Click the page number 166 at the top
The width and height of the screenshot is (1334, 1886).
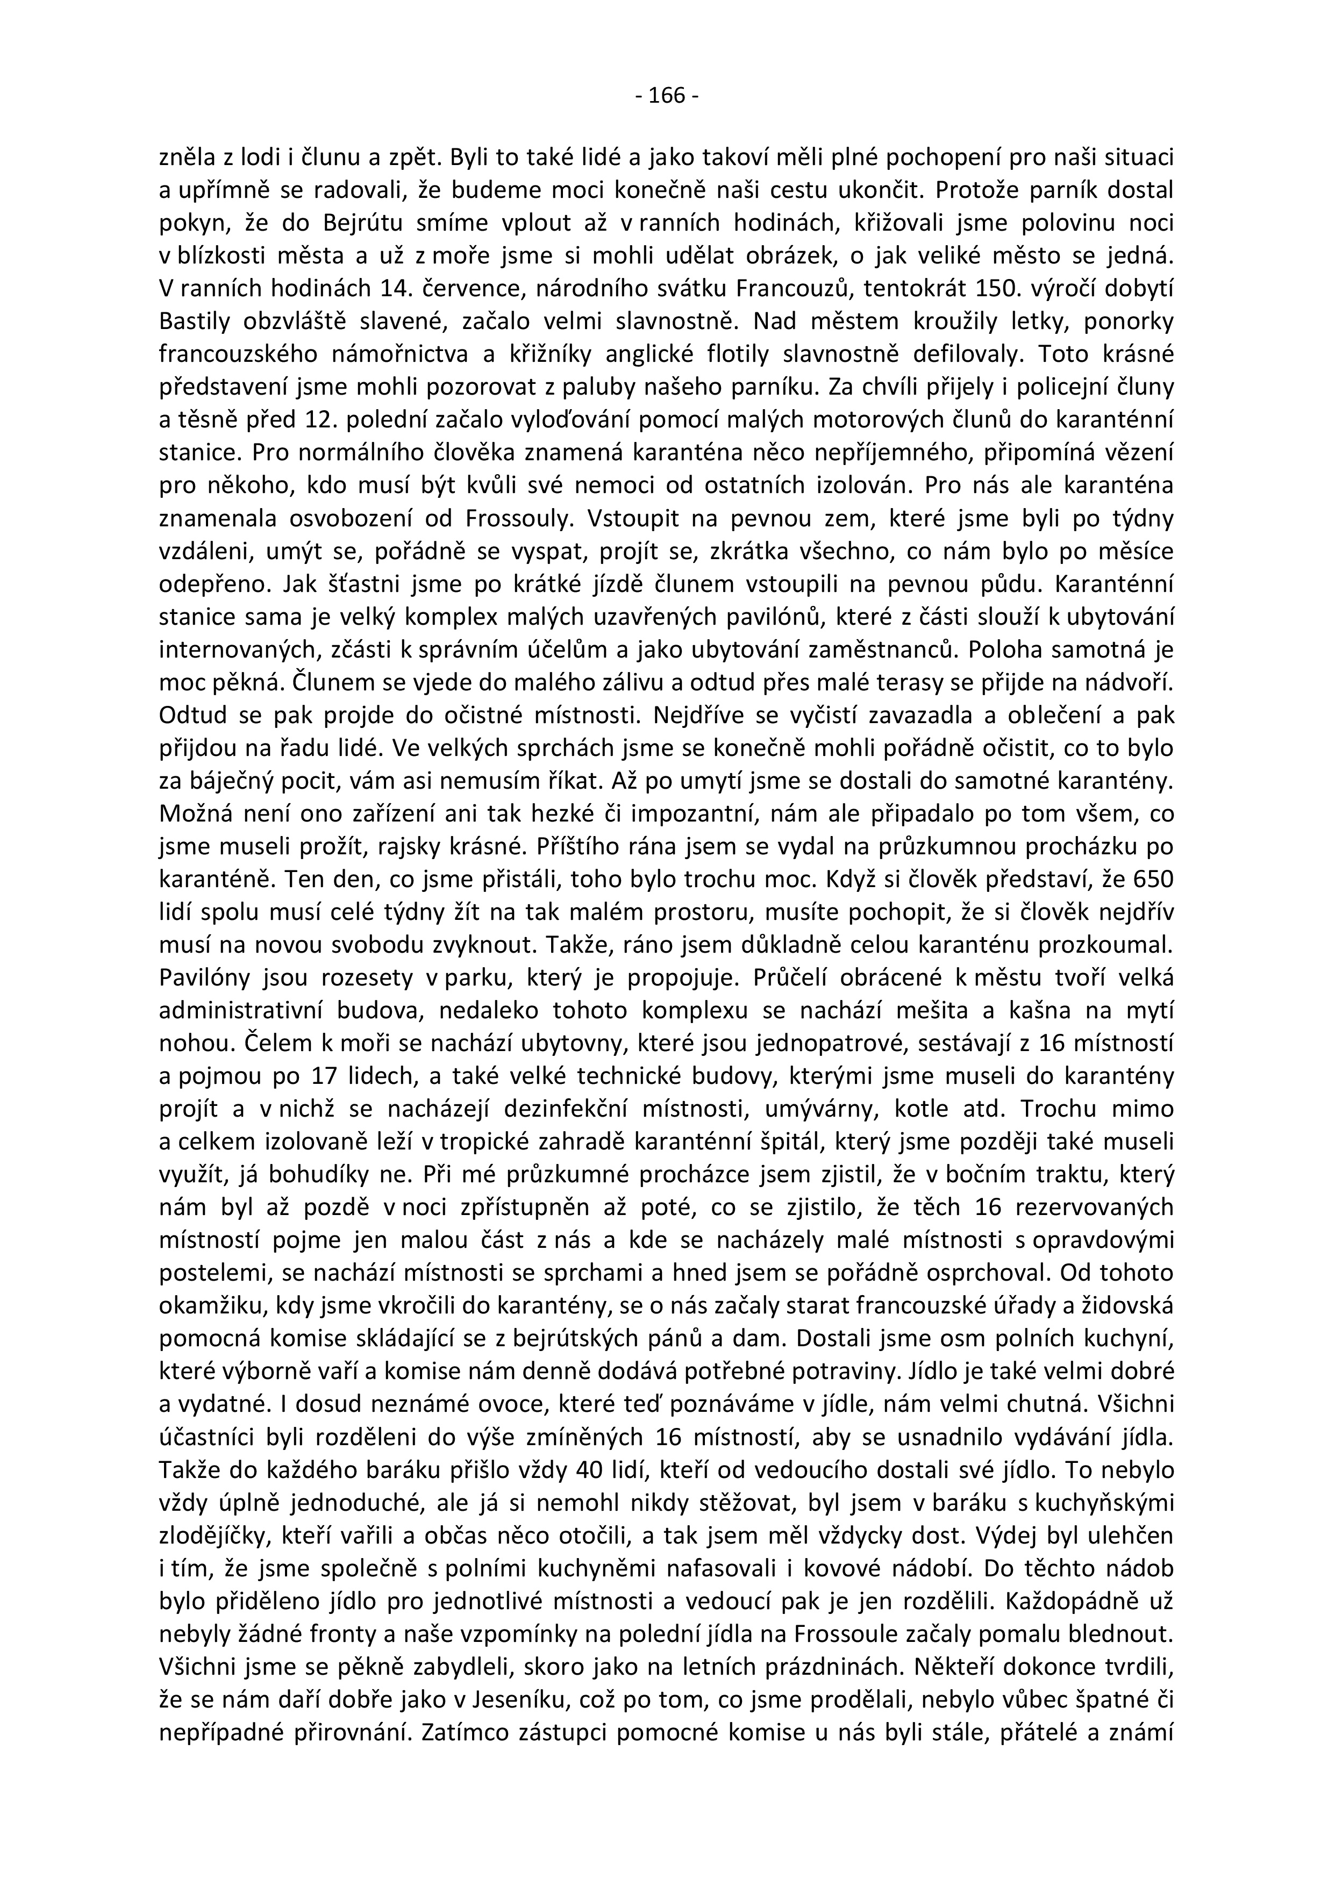pos(666,96)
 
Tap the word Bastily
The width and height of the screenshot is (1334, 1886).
pos(196,321)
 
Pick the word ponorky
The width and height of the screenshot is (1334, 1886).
pos(1128,321)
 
